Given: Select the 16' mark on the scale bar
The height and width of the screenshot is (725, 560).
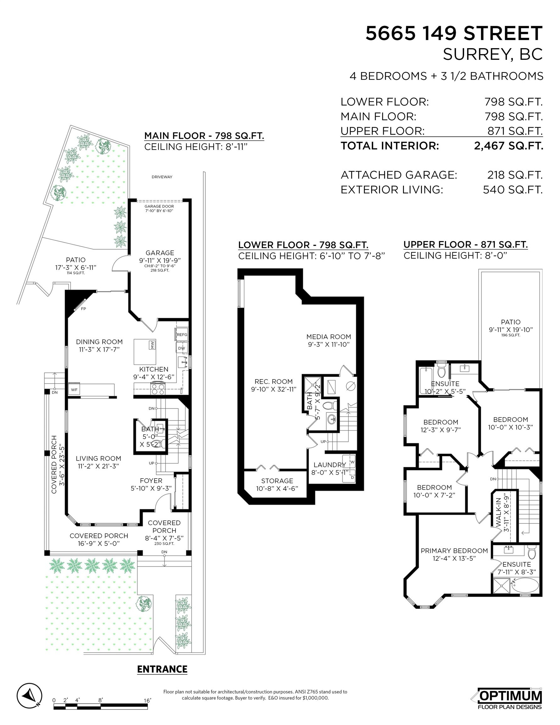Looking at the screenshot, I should pos(147,700).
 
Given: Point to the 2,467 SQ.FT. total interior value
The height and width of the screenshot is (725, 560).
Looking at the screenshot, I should pos(508,146).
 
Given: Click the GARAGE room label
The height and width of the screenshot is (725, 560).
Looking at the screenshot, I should pos(160,253).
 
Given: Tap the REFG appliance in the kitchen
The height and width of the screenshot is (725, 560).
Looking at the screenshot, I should pos(182,334).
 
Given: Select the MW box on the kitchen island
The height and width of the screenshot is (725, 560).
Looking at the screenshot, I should pos(152,345).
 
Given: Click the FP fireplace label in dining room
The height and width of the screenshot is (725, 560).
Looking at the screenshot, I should pos(84,309).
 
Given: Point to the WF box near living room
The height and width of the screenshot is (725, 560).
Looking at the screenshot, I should pos(74,389).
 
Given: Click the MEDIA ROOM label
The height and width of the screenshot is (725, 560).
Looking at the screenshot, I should pos(329,337).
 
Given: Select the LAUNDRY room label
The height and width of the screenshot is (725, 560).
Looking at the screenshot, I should pos(329,465).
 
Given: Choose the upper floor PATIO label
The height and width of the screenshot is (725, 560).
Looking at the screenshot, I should pos(511,322).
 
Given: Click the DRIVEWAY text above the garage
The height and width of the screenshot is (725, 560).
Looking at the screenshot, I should pos(162,177).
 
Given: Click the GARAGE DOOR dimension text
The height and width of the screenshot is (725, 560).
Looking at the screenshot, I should pos(159,209).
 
